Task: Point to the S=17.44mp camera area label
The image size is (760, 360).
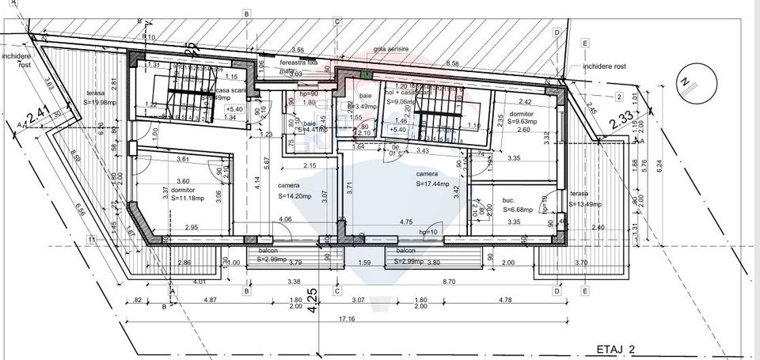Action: point(431,184)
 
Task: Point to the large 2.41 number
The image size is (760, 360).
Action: point(37,120)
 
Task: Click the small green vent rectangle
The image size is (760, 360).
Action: point(366,74)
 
